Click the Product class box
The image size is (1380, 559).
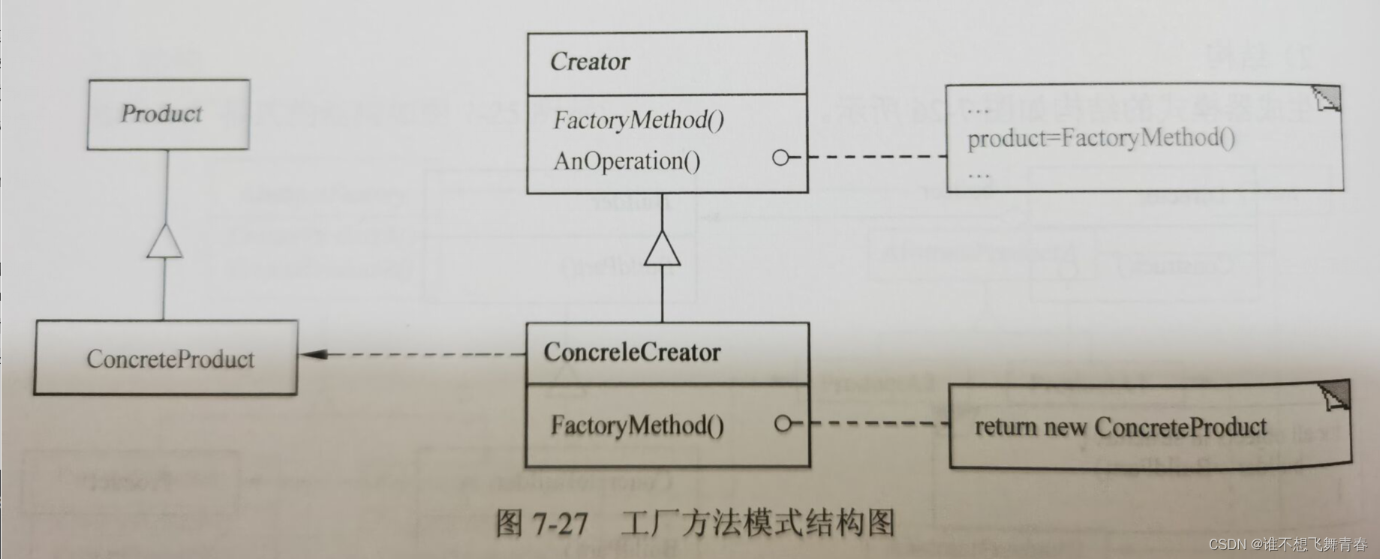click(x=168, y=114)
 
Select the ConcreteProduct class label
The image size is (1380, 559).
click(x=170, y=359)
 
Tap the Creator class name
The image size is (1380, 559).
click(x=590, y=62)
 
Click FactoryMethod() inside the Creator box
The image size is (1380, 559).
click(x=639, y=120)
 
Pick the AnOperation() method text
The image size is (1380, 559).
click(x=627, y=161)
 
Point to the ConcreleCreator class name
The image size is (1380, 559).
click(x=632, y=352)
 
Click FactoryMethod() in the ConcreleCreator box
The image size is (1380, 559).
click(x=637, y=425)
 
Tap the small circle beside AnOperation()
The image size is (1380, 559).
click(x=780, y=158)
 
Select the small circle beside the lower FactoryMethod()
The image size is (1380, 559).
click(x=783, y=424)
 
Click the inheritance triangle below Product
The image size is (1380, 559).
click(x=165, y=242)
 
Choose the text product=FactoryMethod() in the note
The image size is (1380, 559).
click(x=1101, y=138)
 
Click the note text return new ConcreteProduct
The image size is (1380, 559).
click(x=1120, y=427)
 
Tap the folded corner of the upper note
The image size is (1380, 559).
click(x=1327, y=98)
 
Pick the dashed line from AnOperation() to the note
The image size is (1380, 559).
click(x=874, y=158)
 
